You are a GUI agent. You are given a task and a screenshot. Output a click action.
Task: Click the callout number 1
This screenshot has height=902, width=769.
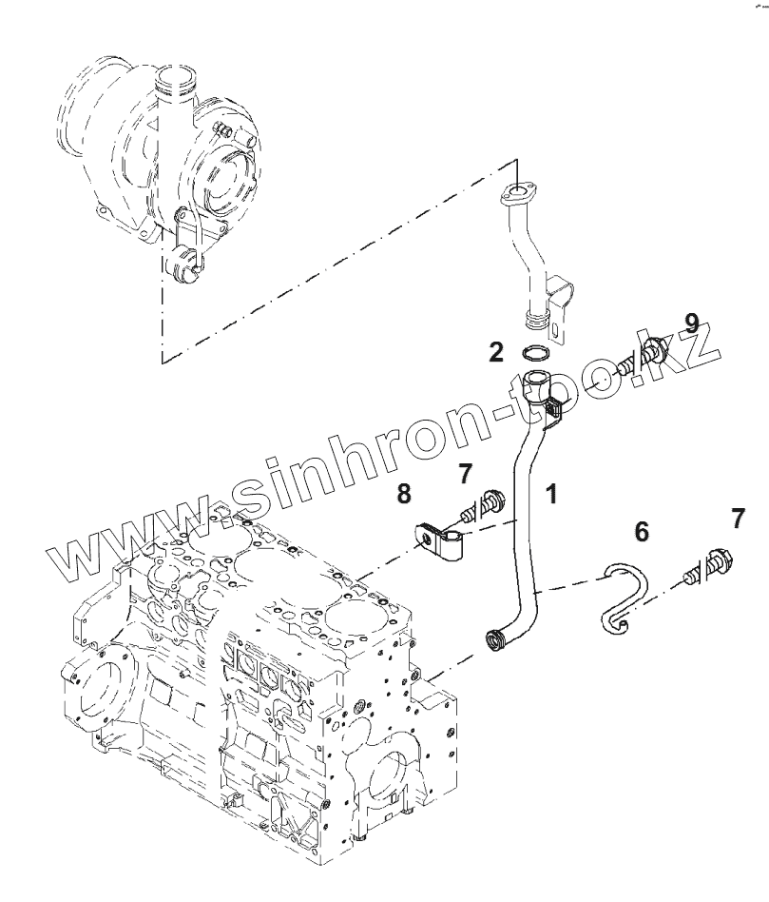click(x=550, y=494)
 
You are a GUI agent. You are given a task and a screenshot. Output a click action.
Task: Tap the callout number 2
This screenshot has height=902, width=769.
click(x=496, y=353)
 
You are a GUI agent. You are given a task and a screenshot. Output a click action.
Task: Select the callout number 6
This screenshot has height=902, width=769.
click(x=642, y=532)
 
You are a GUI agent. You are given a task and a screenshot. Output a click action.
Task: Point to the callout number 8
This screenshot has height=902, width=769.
click(x=404, y=494)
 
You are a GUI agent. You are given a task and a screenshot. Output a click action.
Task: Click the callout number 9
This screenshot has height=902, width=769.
click(x=691, y=324)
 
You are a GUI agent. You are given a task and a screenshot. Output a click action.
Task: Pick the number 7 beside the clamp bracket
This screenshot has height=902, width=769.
click(x=465, y=472)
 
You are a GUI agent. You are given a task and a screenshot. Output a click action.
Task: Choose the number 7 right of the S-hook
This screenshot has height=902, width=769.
click(x=738, y=519)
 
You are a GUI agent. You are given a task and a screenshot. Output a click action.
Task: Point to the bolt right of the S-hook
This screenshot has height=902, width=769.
click(x=705, y=569)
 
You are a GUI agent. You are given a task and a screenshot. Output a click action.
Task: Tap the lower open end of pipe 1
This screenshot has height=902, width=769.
click(x=494, y=640)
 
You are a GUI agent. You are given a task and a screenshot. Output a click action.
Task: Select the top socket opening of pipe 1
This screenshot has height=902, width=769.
click(x=534, y=382)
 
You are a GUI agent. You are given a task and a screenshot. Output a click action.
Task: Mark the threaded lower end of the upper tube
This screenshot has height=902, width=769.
click(x=538, y=318)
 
